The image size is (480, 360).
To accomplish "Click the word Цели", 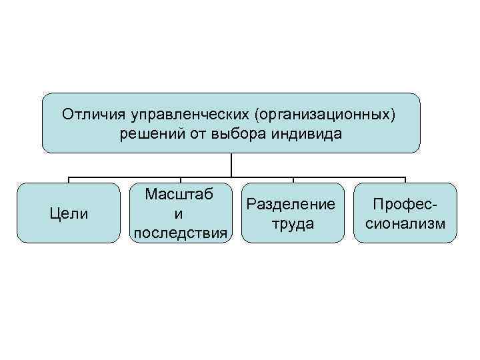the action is tap(69, 214).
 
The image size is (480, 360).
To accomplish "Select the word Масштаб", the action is tap(179, 195).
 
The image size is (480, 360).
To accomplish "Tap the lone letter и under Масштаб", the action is tap(179, 214).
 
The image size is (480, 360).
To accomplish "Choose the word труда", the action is tap(293, 223).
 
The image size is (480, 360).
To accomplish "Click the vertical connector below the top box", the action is tap(231, 165).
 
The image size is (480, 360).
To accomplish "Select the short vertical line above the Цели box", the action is tap(69, 179).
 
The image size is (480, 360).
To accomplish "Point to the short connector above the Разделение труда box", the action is tap(293, 179).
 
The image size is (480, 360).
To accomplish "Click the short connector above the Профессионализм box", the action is tap(405, 179).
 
